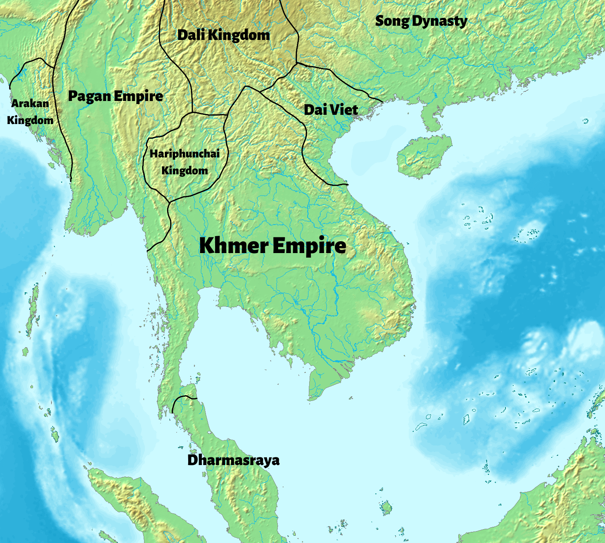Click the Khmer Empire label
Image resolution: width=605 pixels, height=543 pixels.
(273, 245)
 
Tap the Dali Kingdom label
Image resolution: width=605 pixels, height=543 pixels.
(224, 35)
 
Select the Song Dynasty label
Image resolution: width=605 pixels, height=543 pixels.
(421, 21)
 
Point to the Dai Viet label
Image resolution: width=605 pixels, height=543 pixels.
(331, 110)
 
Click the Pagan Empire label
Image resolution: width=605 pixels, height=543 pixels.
(115, 96)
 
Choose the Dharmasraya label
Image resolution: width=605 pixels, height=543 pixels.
(233, 460)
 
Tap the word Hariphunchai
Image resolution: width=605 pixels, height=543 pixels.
(184, 154)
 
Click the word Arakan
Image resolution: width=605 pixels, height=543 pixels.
(30, 103)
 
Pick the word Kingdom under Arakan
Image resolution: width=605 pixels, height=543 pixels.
(30, 120)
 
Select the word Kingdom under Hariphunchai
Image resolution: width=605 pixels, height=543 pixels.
(184, 171)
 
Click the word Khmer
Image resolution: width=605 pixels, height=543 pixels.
(234, 245)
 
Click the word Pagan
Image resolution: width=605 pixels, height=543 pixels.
(90, 96)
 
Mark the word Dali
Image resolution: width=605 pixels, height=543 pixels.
(191, 35)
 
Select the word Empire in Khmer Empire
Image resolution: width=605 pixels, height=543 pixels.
(310, 246)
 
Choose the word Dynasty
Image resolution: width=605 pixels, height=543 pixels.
(439, 22)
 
